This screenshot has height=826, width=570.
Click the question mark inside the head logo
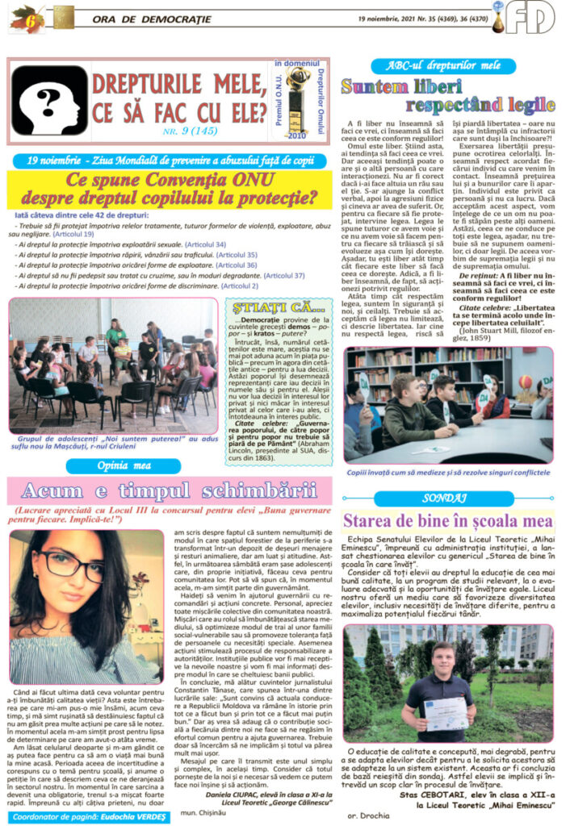tap(48, 98)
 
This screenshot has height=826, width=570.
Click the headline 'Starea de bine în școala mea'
tap(448, 520)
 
